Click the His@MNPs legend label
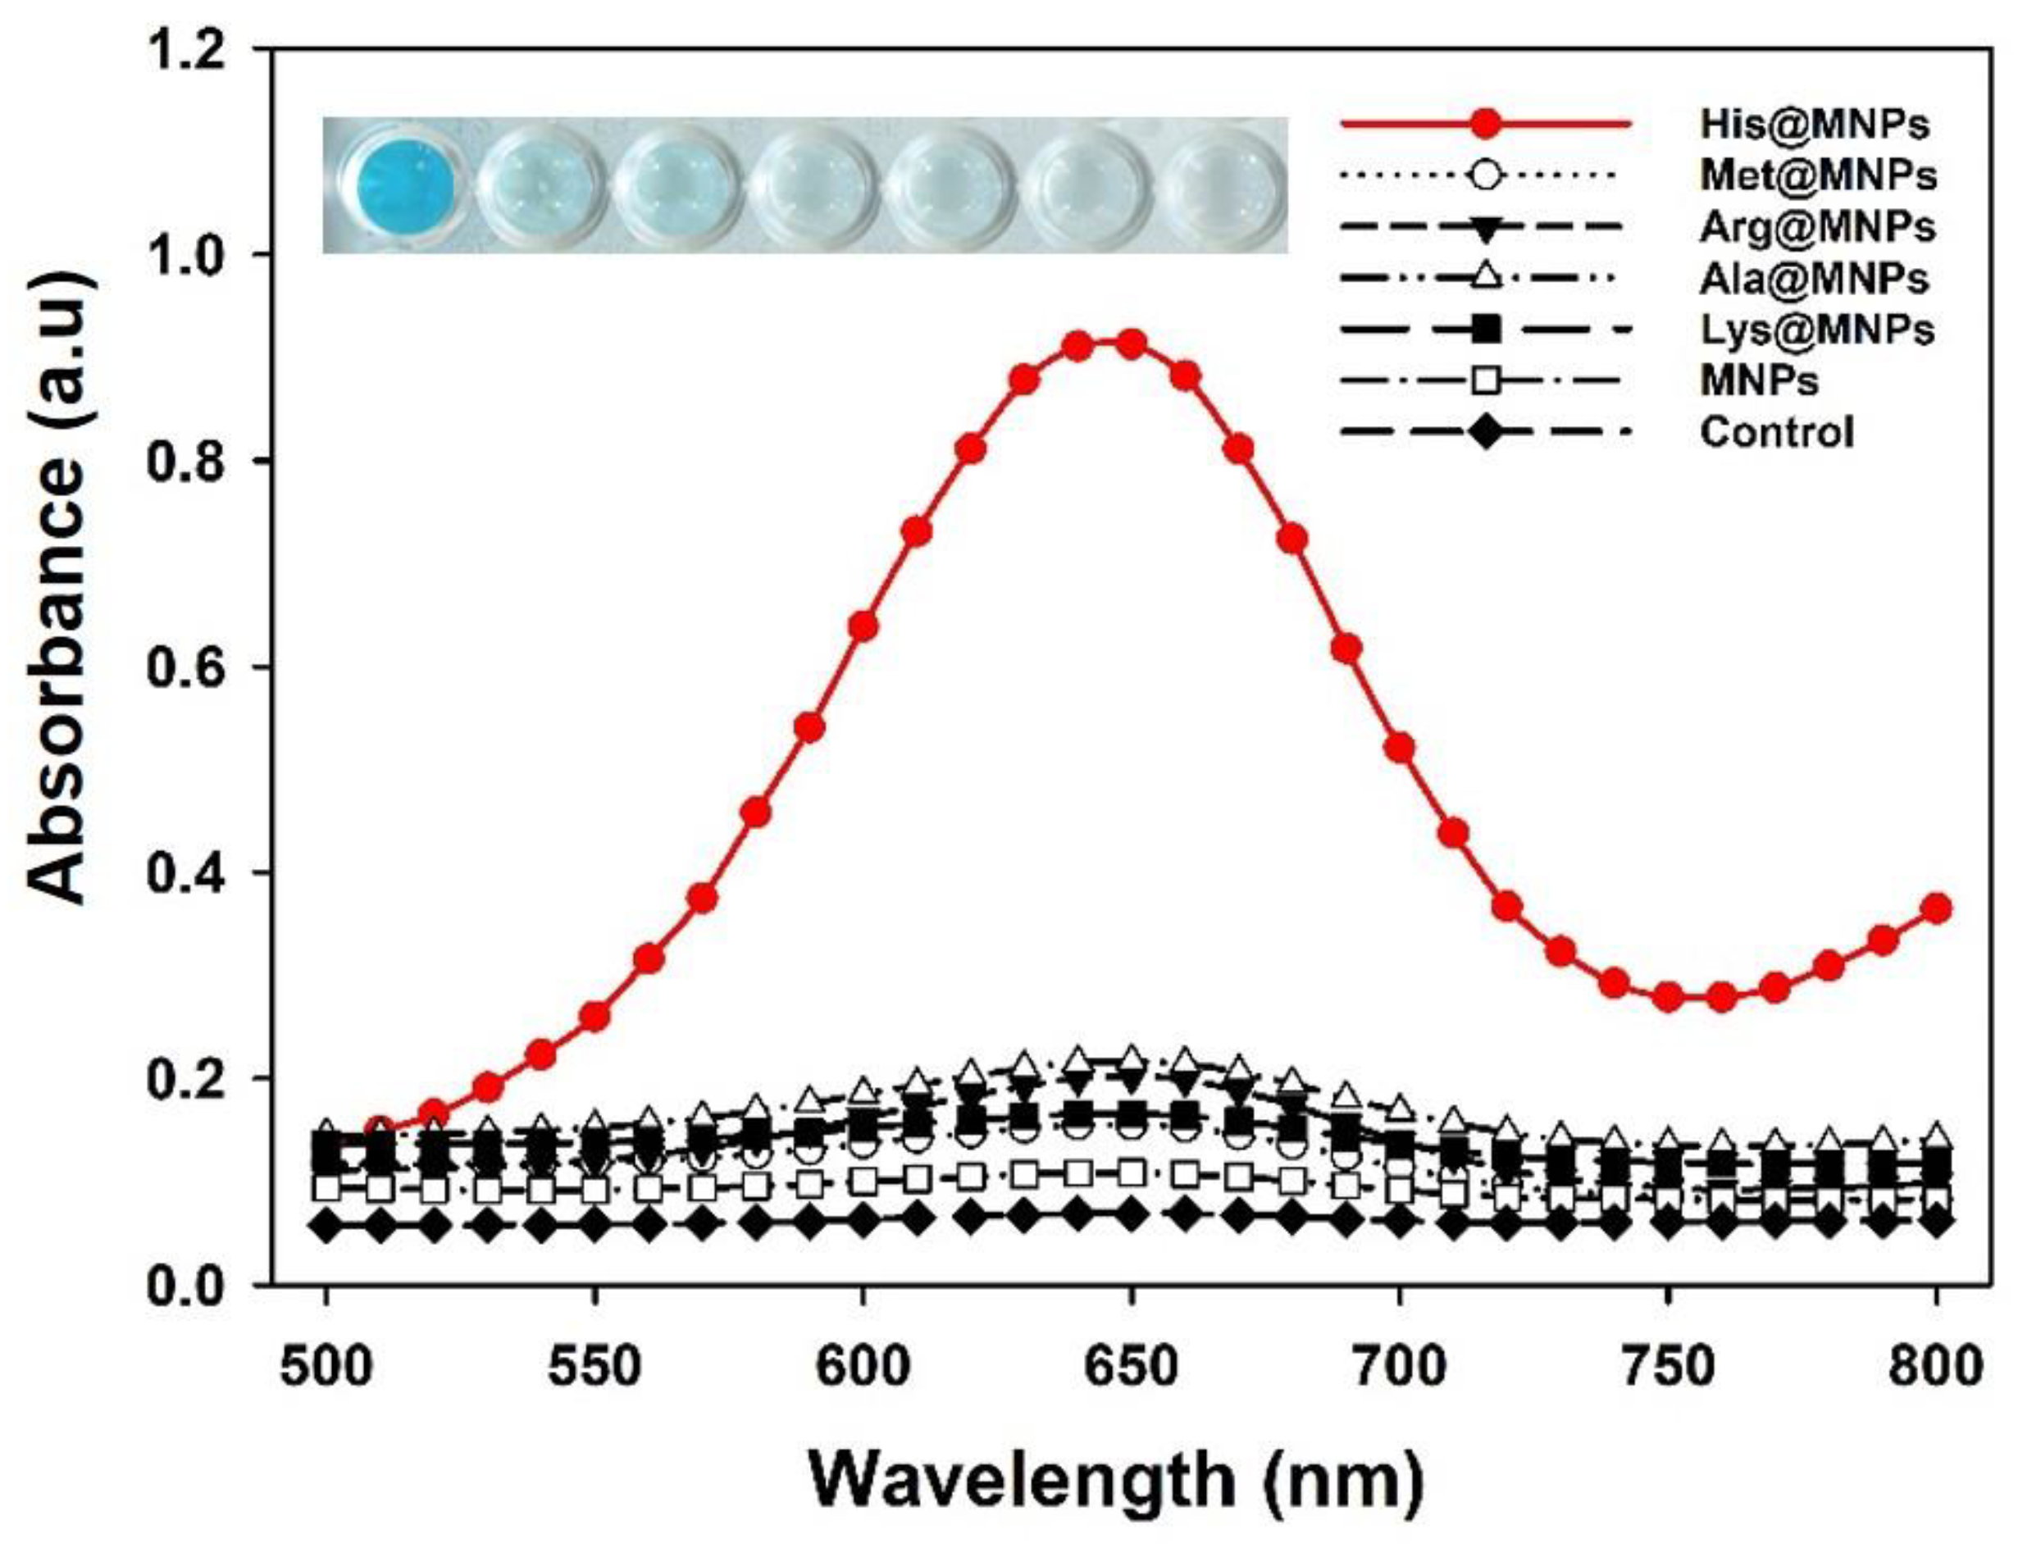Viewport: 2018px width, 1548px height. (1814, 124)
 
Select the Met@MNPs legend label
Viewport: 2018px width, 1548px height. (1818, 175)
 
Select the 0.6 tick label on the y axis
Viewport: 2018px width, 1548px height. (188, 667)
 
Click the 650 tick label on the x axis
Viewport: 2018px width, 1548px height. (1132, 1368)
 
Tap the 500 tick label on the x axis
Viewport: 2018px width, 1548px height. (326, 1368)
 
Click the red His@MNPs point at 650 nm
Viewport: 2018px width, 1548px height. (1132, 344)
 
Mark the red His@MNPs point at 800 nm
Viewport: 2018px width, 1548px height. (1936, 908)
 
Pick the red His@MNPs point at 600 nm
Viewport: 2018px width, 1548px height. (863, 627)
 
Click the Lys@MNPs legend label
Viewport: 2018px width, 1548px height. (1816, 329)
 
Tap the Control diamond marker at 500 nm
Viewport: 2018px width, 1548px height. (326, 1227)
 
